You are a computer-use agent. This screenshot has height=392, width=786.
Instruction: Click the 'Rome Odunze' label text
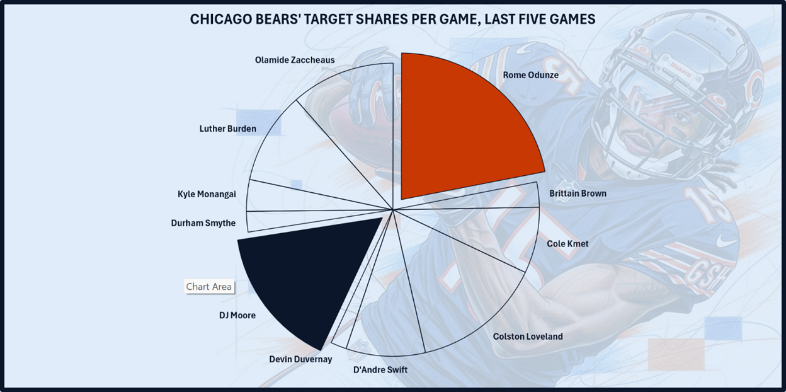(530, 75)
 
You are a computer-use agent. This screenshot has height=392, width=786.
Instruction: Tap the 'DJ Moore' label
(233, 315)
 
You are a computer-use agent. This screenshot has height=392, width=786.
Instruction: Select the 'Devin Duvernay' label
(300, 359)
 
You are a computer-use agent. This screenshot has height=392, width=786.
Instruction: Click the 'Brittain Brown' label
(578, 193)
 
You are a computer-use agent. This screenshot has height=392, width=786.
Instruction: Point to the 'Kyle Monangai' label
(207, 194)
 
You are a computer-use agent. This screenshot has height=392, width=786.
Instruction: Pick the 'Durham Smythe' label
(203, 223)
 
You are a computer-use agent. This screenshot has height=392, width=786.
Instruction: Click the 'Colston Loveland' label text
(528, 337)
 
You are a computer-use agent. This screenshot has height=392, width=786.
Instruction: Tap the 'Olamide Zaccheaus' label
(295, 60)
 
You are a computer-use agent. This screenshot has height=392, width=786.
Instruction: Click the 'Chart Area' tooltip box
(209, 287)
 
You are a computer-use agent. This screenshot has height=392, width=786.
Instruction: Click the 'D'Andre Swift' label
(380, 369)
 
